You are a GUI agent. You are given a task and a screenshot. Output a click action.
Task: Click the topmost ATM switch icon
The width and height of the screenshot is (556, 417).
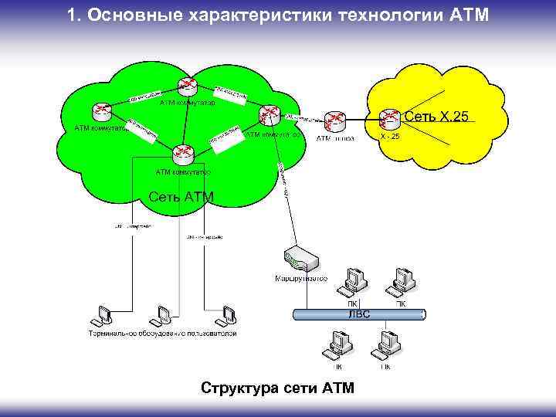[185, 86]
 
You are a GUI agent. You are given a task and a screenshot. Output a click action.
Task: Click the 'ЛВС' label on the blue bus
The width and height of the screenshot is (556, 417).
[358, 314]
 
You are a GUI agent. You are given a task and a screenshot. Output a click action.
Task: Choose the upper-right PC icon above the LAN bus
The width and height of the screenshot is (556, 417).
[401, 282]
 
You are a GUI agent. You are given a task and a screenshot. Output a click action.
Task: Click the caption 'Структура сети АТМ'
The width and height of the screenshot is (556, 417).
[276, 388]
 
